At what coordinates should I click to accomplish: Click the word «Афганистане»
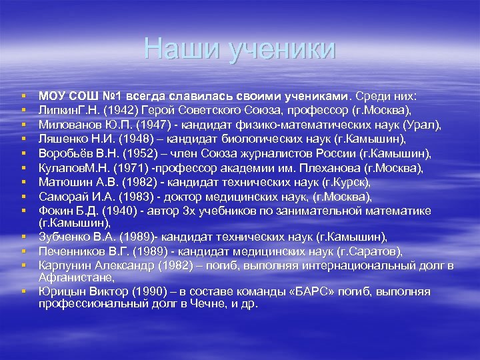(x=71, y=277)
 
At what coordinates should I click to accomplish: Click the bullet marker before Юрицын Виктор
(x=23, y=291)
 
